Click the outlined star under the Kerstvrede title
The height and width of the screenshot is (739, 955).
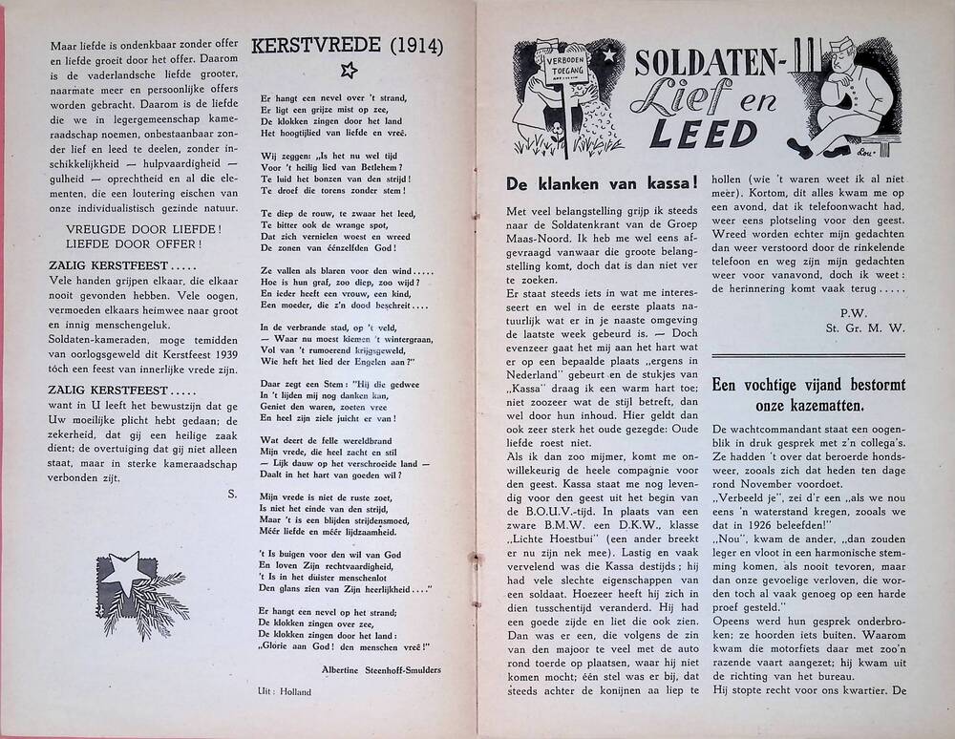(x=349, y=69)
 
